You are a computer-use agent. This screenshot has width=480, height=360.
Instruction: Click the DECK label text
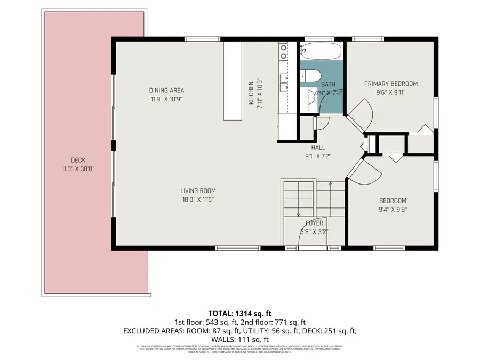[78, 160]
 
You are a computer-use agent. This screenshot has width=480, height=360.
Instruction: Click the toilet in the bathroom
[310, 76]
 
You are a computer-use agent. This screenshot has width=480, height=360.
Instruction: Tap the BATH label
[328, 84]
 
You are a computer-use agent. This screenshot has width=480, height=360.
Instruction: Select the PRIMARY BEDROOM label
[390, 83]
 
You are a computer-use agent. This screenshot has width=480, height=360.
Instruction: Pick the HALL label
[318, 148]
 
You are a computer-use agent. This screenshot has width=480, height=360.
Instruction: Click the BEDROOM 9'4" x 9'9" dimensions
[393, 209]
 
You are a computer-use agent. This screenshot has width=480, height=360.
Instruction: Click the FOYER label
[314, 223]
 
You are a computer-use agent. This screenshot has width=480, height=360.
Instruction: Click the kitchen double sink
[283, 52]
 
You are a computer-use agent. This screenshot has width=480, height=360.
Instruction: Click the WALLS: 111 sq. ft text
[239, 339]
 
